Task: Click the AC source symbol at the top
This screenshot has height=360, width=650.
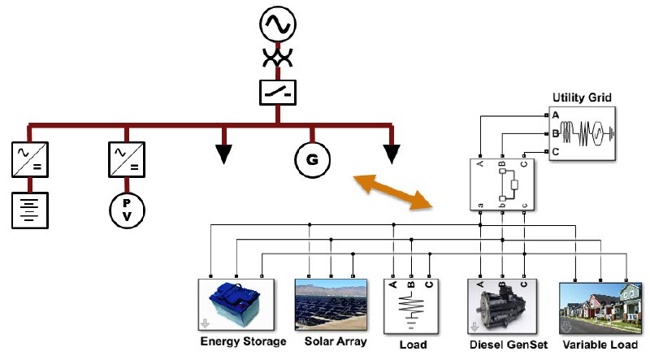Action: coord(278,24)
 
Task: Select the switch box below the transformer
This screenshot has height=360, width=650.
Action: coord(278,93)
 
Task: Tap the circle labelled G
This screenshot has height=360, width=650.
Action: coord(312,159)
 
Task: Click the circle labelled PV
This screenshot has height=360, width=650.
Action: coord(127,210)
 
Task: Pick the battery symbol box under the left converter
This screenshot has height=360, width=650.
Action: coord(30,210)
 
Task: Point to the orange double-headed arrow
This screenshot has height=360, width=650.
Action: coord(392,192)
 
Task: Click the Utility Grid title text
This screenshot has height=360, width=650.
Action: coord(582,98)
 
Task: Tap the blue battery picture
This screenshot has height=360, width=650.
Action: coord(236,305)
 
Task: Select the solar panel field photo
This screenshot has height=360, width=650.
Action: coord(331,305)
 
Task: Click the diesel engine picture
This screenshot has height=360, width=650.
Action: coord(502,306)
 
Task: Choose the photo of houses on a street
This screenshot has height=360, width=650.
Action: coord(600,308)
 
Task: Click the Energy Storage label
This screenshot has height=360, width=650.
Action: coord(243,341)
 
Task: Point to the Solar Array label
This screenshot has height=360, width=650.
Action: coord(336,341)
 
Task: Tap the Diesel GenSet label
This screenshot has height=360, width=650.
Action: coord(509,345)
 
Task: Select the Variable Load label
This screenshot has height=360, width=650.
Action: coord(600,345)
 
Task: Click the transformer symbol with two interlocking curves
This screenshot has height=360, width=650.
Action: coord(278,57)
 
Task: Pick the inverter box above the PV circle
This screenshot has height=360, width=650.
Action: coord(127,159)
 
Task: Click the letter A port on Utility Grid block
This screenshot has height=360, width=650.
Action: coord(556,115)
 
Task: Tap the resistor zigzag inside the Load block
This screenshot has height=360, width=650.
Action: coord(411,306)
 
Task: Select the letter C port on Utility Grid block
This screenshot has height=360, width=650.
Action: coord(556,152)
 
